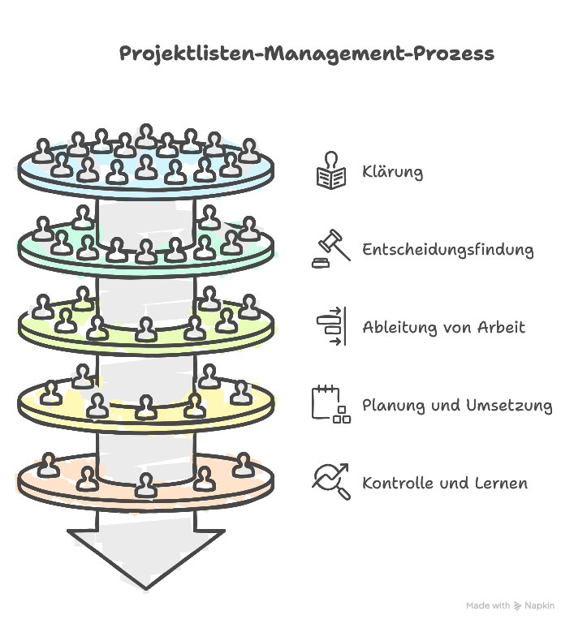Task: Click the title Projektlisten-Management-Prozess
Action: pos(306,54)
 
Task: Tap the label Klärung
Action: pos(392,172)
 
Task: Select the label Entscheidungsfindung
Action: pos(447,249)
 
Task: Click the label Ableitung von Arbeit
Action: pos(443,327)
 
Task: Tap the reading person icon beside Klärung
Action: pos(330,171)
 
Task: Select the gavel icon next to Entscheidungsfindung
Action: pos(330,249)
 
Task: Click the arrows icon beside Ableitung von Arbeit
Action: pos(330,327)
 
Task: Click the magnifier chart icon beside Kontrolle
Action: pos(330,481)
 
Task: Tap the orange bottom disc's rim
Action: pos(146,497)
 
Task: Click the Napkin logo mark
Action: pos(518,606)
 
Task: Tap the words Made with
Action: pos(488,606)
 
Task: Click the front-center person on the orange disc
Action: pos(145,485)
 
